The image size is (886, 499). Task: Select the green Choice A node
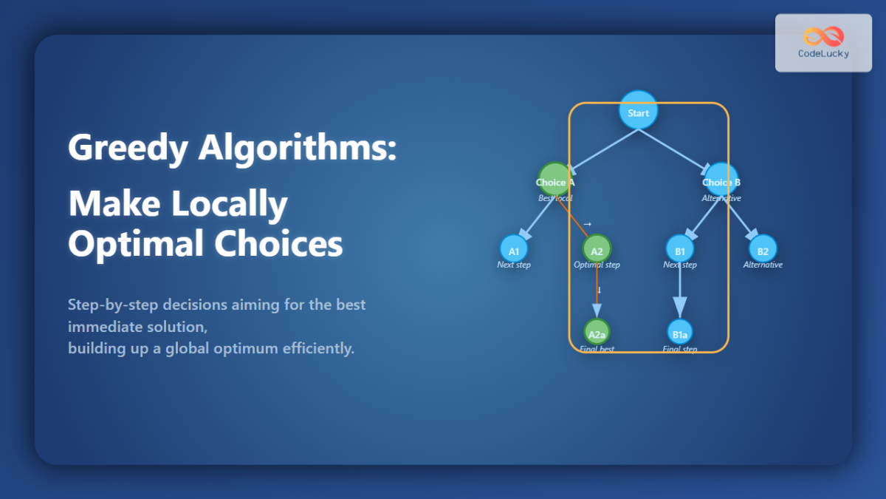tap(555, 180)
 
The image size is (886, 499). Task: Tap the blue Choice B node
tap(721, 180)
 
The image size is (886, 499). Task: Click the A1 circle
tap(514, 249)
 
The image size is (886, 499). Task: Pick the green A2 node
tap(597, 249)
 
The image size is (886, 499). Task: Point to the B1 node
tap(679, 249)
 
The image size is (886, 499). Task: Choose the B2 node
tap(763, 249)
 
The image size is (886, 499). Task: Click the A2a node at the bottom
tap(597, 332)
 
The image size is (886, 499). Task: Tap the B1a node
tap(680, 332)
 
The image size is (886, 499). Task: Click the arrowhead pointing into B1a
tap(680, 307)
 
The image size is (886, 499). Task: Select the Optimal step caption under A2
tap(597, 265)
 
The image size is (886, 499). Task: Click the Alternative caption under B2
tap(763, 265)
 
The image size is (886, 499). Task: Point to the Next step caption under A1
tap(514, 265)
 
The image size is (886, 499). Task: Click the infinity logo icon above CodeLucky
tap(823, 36)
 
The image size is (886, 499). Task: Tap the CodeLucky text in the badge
tap(823, 54)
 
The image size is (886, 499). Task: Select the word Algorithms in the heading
tap(297, 148)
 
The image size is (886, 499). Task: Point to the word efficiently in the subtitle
tap(318, 348)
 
